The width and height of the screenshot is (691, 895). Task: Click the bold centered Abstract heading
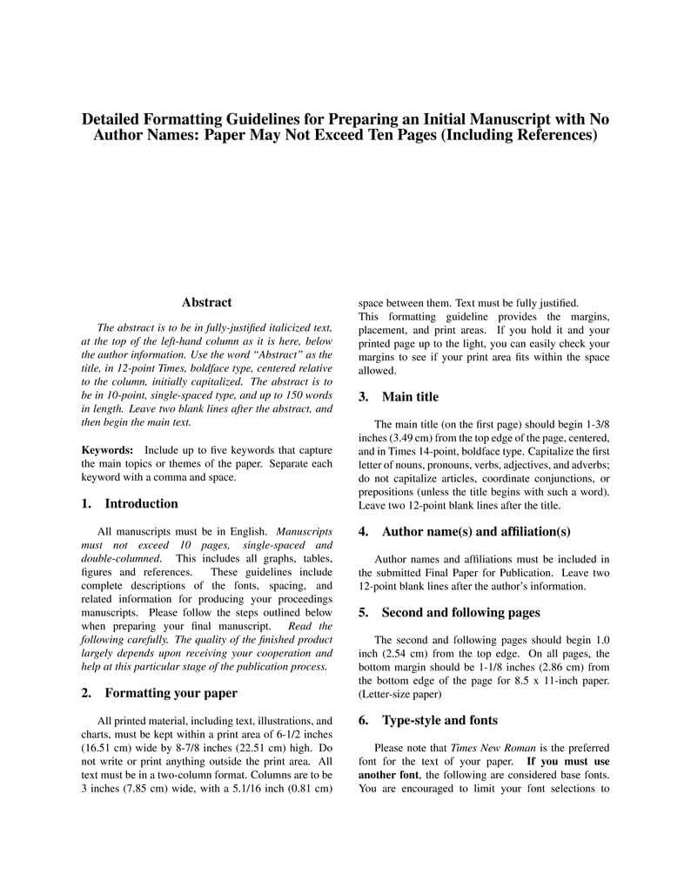[x=206, y=302]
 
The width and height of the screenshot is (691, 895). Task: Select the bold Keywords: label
[x=107, y=450]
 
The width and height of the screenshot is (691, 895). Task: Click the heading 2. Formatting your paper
[x=158, y=693]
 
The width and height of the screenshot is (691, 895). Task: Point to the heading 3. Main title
[x=399, y=397]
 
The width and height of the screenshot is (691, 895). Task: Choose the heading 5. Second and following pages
[x=449, y=612]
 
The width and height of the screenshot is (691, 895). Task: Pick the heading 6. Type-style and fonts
[x=428, y=720]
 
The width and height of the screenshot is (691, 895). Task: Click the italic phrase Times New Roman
[x=485, y=747]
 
